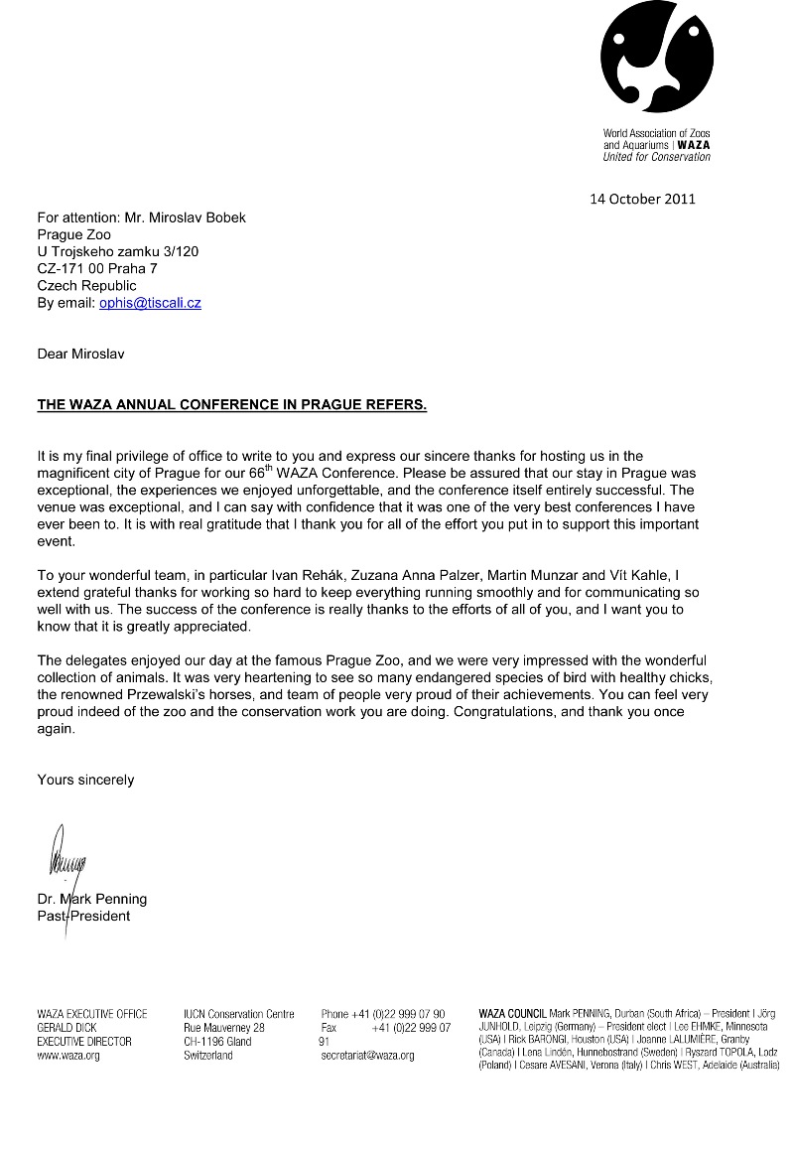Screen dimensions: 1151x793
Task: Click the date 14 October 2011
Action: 642,199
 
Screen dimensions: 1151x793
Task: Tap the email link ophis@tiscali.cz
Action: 150,303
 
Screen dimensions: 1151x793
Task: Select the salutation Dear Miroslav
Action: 81,354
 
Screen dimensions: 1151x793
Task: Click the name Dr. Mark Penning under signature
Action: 91,900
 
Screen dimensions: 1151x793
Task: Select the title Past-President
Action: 83,916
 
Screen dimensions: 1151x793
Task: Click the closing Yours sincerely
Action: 85,780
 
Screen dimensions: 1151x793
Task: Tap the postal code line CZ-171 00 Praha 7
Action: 97,269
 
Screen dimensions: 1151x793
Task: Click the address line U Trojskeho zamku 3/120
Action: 117,252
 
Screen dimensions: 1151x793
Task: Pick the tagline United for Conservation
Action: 657,157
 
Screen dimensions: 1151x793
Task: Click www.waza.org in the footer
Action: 68,1056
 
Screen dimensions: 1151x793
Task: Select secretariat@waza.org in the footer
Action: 367,1056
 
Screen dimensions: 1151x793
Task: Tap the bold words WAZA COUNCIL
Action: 512,1014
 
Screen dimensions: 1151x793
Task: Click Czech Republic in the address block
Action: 87,286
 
